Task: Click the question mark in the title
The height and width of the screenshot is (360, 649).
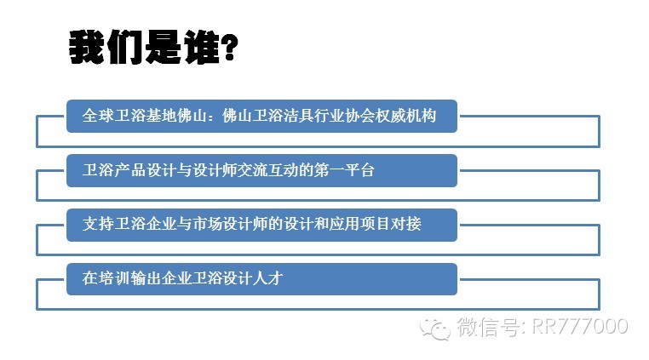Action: point(229,48)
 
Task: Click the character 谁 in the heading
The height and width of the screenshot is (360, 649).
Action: point(202,47)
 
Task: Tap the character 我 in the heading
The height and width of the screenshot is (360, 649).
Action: point(87,47)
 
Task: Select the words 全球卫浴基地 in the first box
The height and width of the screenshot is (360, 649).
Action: point(129,116)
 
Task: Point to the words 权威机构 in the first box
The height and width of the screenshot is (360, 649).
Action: point(405,116)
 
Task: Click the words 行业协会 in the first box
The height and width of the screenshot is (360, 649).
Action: point(344,116)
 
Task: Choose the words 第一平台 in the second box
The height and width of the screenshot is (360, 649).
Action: point(344,170)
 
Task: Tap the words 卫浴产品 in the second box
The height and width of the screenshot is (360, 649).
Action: point(113,170)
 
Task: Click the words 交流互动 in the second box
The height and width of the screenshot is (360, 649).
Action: point(267,170)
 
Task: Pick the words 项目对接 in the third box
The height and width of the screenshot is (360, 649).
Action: point(391,224)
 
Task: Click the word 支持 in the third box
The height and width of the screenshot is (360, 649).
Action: point(98,224)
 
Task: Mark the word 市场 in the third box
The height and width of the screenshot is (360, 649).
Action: point(205,224)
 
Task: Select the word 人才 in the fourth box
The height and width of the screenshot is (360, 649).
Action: point(267,278)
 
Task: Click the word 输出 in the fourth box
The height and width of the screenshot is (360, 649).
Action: point(145,278)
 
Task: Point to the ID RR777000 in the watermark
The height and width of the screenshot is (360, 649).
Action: point(579,327)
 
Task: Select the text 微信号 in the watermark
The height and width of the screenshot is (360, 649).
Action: point(488,327)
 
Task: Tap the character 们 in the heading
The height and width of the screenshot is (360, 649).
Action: point(125,47)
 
